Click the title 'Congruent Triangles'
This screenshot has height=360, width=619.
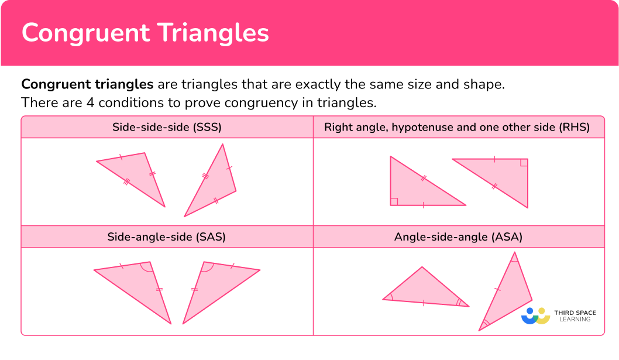click(145, 33)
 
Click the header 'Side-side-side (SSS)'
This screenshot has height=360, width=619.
click(167, 126)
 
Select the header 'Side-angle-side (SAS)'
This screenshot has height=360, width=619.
click(167, 237)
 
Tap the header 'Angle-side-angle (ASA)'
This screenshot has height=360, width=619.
click(458, 237)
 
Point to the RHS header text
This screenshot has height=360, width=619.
click(457, 126)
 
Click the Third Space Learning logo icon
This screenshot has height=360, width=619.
click(536, 316)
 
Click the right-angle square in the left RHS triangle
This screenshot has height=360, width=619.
click(394, 202)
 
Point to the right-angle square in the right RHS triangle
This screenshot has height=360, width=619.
click(524, 162)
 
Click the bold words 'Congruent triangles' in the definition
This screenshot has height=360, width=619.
click(87, 84)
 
